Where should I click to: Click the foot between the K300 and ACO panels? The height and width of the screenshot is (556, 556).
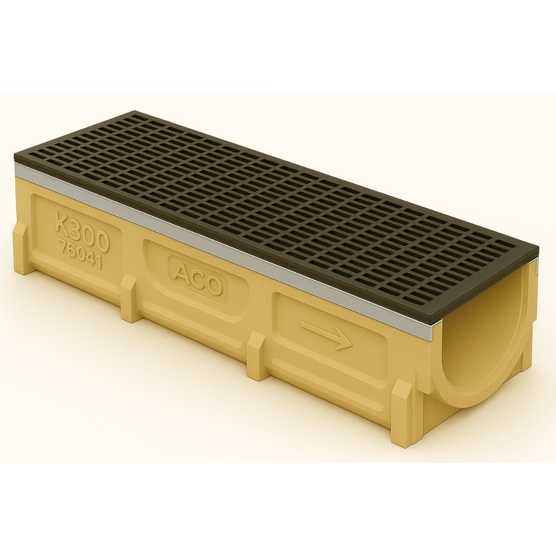(x=129, y=298)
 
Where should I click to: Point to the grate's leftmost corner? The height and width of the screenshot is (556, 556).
(x=16, y=156)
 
